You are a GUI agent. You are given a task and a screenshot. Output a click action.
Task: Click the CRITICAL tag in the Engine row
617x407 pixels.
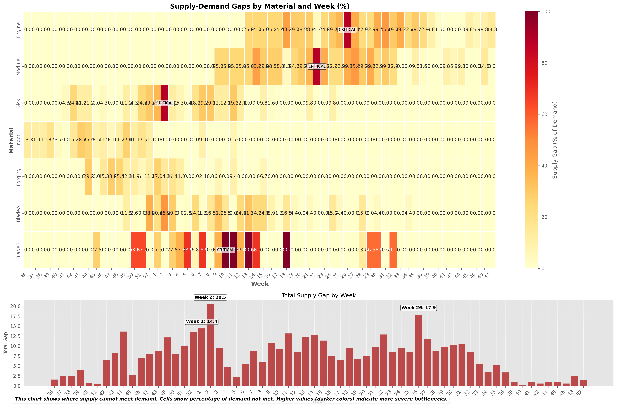tap(347, 30)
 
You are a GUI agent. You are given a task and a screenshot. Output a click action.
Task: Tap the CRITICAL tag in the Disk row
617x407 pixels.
tap(165, 103)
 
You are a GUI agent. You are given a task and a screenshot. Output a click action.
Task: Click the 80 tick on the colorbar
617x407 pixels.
tap(543, 63)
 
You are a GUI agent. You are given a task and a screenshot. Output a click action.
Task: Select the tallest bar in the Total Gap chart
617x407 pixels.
tap(210, 345)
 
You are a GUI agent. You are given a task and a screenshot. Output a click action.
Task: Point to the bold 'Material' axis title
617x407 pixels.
tap(11, 140)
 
